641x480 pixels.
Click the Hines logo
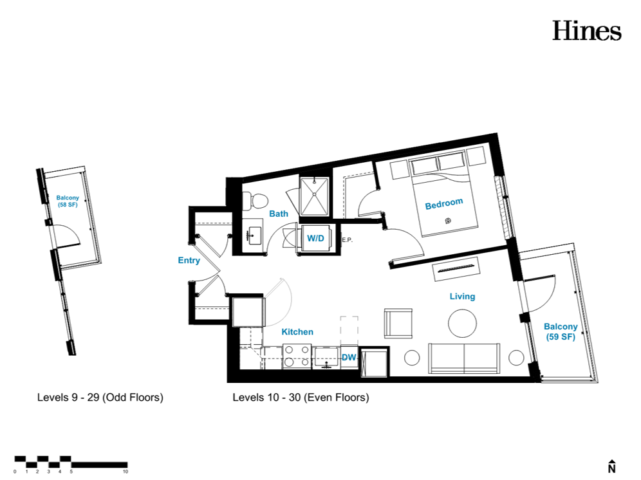coord(587,31)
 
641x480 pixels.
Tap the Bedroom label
coord(444,203)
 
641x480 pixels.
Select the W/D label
coord(315,238)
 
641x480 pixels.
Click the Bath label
coord(279,214)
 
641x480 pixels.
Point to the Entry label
coord(189,261)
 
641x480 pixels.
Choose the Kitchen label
coord(297,332)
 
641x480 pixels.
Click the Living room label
coord(462,297)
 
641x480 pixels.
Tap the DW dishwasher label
coord(349,357)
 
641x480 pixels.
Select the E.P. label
coord(347,240)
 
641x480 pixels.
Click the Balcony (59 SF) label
coord(561,331)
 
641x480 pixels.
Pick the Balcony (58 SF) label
coord(68,201)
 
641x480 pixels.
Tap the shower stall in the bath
coord(314,197)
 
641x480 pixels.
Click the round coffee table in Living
coord(462,323)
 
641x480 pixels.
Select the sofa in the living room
coord(464,358)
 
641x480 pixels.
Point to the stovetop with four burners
coord(297,356)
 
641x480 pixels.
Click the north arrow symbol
coord(611,466)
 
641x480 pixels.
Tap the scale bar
coord(71,462)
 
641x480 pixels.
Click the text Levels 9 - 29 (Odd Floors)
coord(100,398)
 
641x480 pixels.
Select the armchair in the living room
coord(398,324)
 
